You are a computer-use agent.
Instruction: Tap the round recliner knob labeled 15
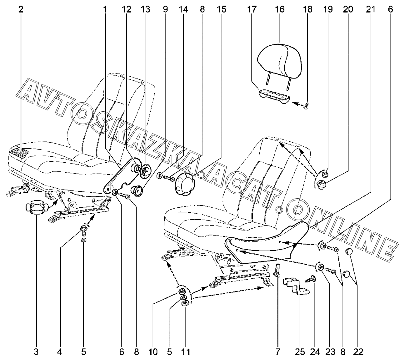pyautogui.click(x=184, y=184)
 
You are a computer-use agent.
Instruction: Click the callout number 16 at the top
pyautogui.click(x=279, y=9)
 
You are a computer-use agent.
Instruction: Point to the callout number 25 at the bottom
pyautogui.click(x=300, y=352)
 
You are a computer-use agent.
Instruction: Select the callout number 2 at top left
pyautogui.click(x=21, y=9)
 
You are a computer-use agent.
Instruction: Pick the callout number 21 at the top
pyautogui.click(x=370, y=9)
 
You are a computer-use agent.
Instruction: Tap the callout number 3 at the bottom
pyautogui.click(x=36, y=352)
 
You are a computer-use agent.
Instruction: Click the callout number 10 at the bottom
pyautogui.click(x=153, y=352)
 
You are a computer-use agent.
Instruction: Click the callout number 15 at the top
pyautogui.click(x=222, y=9)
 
